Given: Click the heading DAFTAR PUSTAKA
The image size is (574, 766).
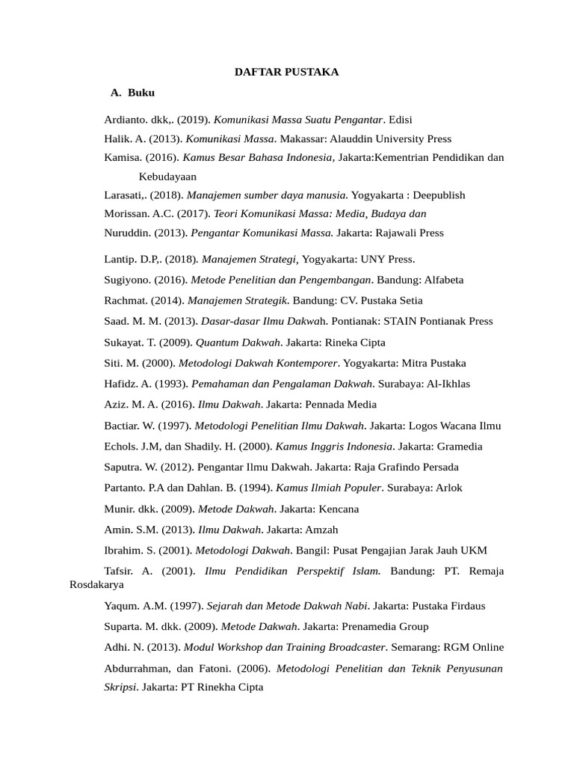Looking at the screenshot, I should (x=287, y=72).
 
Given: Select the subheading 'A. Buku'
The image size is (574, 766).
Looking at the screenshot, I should (x=133, y=93).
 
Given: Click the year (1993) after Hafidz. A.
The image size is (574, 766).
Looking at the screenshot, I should (x=172, y=384).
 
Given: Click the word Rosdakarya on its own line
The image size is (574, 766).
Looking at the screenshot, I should (x=96, y=583).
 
